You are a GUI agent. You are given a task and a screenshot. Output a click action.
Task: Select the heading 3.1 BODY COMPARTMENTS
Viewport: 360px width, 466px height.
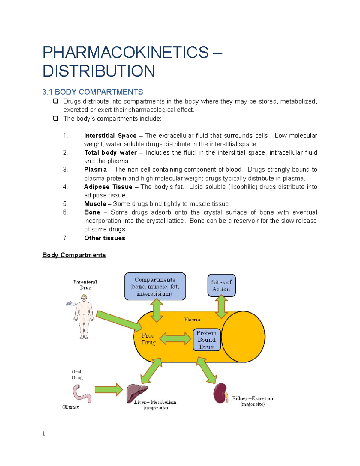[x=92, y=92]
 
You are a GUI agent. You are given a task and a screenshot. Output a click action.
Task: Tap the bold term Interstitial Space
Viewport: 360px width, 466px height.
[x=110, y=136]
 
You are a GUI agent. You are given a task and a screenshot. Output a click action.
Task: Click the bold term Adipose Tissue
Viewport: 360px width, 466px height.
[x=108, y=187]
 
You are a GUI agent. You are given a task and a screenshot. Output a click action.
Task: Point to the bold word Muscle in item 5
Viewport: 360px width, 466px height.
[x=95, y=204]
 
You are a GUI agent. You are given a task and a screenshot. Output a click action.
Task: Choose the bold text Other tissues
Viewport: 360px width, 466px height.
[x=105, y=238]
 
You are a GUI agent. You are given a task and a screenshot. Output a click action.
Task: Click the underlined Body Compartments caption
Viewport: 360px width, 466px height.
[x=74, y=255]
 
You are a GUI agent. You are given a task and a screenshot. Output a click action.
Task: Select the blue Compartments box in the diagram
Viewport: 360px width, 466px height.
[x=155, y=286]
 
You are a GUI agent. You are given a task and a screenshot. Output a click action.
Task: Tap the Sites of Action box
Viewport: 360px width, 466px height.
[x=221, y=285]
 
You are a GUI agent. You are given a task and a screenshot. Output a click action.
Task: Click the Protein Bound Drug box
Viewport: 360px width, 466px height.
[x=206, y=340]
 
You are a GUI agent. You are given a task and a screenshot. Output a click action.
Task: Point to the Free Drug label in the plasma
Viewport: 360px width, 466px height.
[x=148, y=339]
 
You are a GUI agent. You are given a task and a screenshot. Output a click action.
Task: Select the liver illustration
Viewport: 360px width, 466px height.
[x=137, y=393]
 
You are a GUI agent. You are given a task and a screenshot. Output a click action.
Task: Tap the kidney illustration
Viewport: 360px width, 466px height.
[x=220, y=393]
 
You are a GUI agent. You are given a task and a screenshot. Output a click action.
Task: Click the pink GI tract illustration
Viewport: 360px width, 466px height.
[x=81, y=394]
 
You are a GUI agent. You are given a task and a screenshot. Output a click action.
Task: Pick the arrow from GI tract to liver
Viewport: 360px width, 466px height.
[x=109, y=390]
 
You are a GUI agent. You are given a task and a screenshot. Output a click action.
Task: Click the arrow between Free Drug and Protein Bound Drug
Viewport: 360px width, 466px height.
[x=175, y=339]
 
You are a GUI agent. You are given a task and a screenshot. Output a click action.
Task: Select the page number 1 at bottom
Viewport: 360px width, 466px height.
[x=44, y=434]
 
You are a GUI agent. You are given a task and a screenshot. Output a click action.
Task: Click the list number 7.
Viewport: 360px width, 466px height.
[x=66, y=238]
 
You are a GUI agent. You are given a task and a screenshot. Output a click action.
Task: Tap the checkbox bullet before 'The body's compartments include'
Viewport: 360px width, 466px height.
[x=56, y=119]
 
